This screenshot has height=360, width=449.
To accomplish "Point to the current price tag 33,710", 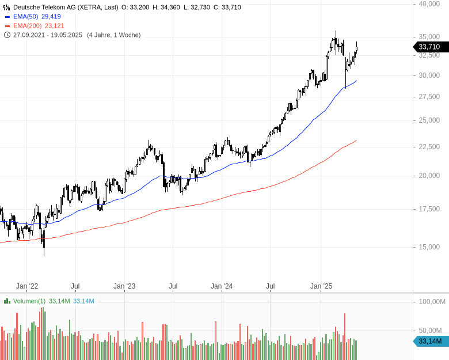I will (429, 47).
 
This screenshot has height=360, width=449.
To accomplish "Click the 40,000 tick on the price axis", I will (429, 4).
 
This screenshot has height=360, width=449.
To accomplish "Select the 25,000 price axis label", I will (429, 120).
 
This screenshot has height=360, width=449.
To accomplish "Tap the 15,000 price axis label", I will (429, 247).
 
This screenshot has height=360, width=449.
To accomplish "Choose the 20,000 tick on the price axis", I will (429, 176).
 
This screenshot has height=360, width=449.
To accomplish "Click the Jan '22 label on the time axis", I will (27, 286).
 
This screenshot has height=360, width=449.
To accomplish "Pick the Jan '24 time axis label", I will (222, 286).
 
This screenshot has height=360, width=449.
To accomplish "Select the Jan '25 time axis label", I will (321, 286).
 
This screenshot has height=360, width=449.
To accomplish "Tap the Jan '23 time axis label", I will (124, 286).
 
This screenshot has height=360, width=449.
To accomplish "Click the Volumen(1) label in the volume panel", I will (29, 301).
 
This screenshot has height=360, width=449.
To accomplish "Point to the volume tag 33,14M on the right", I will (431, 342).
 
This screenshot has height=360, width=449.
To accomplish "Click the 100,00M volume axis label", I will (432, 301).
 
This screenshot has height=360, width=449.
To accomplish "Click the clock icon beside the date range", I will (7, 35).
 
